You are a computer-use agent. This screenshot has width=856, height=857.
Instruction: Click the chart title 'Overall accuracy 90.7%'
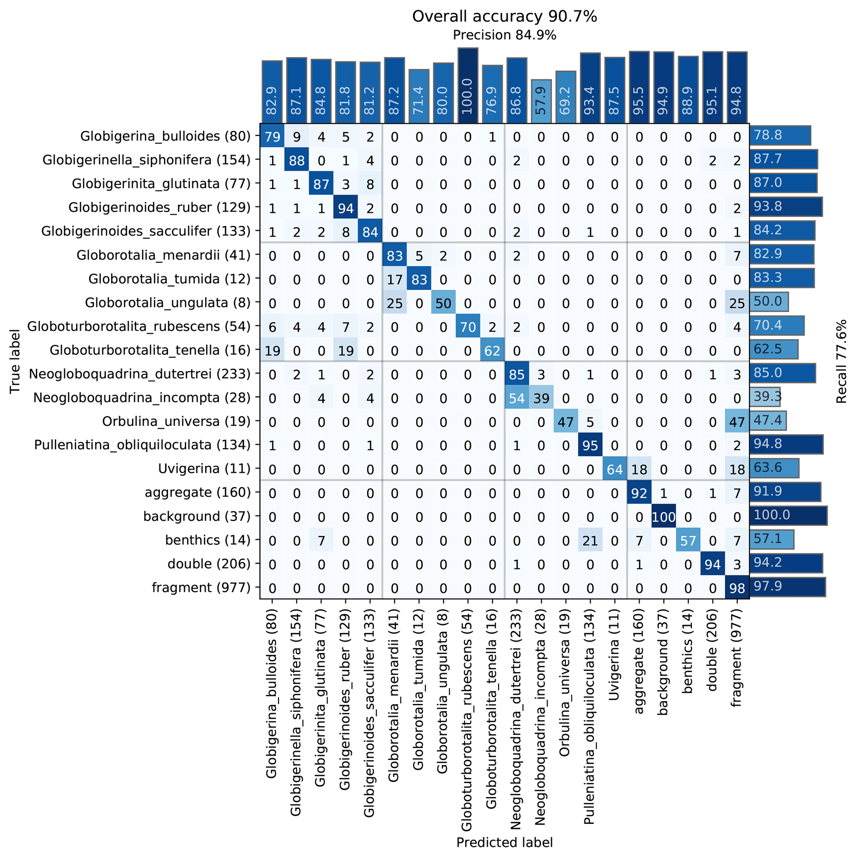(504, 17)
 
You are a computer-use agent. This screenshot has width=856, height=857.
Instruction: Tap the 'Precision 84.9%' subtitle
(504, 36)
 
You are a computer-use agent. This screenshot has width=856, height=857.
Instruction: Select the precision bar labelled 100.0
(468, 86)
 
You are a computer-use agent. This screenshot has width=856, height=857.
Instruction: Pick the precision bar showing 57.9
(541, 101)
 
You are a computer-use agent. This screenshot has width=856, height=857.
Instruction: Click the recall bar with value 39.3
(765, 396)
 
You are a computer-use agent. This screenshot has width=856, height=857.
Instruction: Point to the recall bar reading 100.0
(788, 516)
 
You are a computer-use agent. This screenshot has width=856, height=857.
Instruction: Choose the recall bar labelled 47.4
(768, 420)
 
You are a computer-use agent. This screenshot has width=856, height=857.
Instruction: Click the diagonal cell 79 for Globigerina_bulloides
(272, 136)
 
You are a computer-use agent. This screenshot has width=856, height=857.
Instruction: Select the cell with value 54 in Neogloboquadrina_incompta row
(517, 398)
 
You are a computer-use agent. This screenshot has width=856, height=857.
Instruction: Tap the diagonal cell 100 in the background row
(664, 517)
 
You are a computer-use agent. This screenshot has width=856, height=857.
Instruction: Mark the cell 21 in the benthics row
(590, 540)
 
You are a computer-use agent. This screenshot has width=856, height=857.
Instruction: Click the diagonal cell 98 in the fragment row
(737, 588)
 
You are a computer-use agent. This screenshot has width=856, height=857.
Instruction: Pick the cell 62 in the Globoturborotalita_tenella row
(492, 350)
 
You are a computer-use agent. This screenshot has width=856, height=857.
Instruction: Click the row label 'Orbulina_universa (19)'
(176, 421)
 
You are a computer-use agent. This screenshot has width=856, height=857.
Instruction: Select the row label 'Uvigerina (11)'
(204, 469)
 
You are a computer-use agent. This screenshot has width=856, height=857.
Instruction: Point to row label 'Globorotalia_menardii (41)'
(164, 255)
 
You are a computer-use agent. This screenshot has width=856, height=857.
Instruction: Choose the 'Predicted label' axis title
(504, 843)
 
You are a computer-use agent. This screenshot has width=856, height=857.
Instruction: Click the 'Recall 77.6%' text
(841, 362)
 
